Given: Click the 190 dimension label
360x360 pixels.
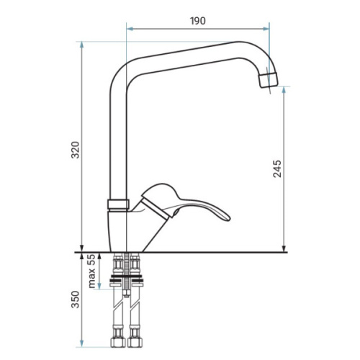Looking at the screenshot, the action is [198, 21].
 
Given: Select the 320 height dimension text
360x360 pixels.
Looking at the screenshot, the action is [76, 150].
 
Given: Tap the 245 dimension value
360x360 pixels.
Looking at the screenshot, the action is [277, 168].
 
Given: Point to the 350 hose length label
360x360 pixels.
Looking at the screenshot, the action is [76, 300].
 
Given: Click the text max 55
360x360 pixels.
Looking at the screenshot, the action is [91, 271].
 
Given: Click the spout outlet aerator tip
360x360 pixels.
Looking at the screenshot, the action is [269, 80].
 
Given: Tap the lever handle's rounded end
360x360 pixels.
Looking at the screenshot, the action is [227, 217].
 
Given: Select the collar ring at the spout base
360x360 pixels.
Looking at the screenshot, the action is [118, 204].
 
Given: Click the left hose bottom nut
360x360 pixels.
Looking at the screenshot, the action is [118, 342].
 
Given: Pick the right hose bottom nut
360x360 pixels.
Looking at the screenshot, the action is [135, 342].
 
